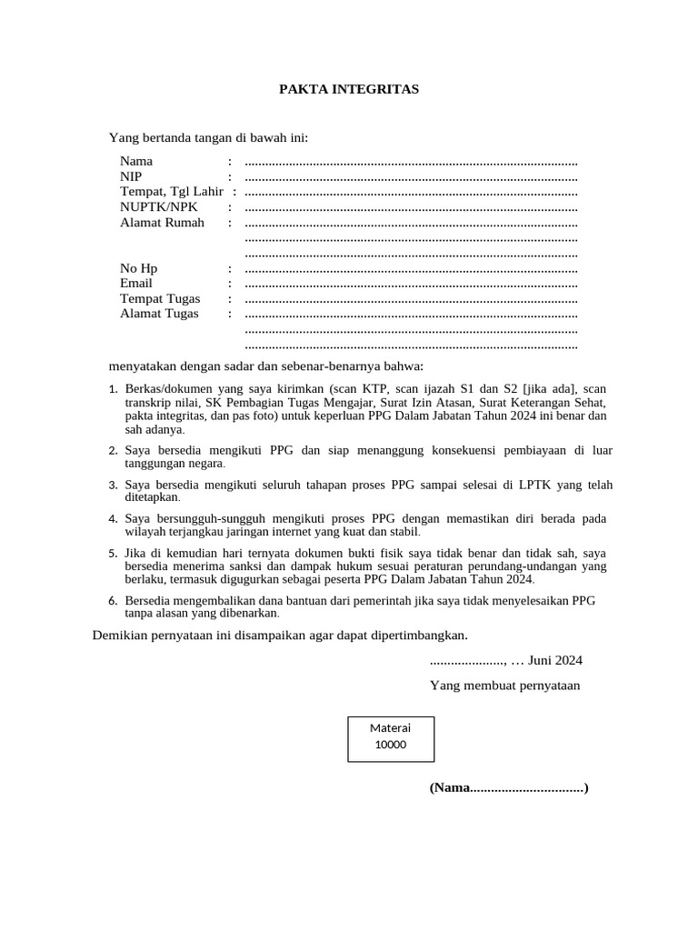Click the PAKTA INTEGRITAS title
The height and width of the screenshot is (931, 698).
point(348,89)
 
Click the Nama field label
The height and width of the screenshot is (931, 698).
point(136,161)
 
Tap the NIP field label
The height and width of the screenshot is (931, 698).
point(131,176)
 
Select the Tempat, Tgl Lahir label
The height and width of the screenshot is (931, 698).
point(172,192)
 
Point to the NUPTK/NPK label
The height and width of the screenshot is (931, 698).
point(159,207)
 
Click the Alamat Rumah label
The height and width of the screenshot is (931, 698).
point(162,223)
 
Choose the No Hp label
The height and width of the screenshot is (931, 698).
point(139,268)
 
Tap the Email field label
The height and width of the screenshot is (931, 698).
point(136,284)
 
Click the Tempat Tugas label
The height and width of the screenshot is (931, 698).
point(160,299)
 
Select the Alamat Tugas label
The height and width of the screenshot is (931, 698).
point(159,315)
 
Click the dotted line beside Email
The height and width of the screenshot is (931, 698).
point(411,285)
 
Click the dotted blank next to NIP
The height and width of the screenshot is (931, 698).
point(411,177)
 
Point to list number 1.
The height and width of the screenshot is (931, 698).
point(113,390)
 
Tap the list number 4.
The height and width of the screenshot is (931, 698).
point(113,519)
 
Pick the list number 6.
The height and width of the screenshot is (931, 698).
point(113,602)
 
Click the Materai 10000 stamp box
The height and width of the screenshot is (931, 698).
point(391,738)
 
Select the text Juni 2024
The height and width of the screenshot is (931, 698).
point(555,661)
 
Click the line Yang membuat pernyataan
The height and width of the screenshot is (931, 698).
point(504,686)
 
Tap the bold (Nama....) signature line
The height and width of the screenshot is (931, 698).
point(509,787)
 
